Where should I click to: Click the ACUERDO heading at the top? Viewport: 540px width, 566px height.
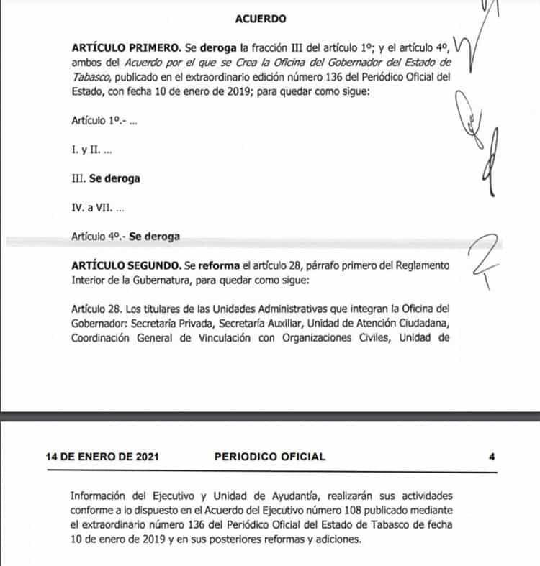pyautogui.click(x=260, y=19)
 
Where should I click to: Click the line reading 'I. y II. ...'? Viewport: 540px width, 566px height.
pyautogui.click(x=92, y=152)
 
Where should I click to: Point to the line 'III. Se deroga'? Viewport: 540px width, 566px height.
pyautogui.click(x=106, y=179)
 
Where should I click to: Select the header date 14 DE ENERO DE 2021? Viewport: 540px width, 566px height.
pyautogui.click(x=102, y=456)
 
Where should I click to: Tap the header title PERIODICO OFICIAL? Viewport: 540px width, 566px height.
pyautogui.click(x=270, y=456)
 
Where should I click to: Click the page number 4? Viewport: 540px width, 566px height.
pyautogui.click(x=492, y=456)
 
